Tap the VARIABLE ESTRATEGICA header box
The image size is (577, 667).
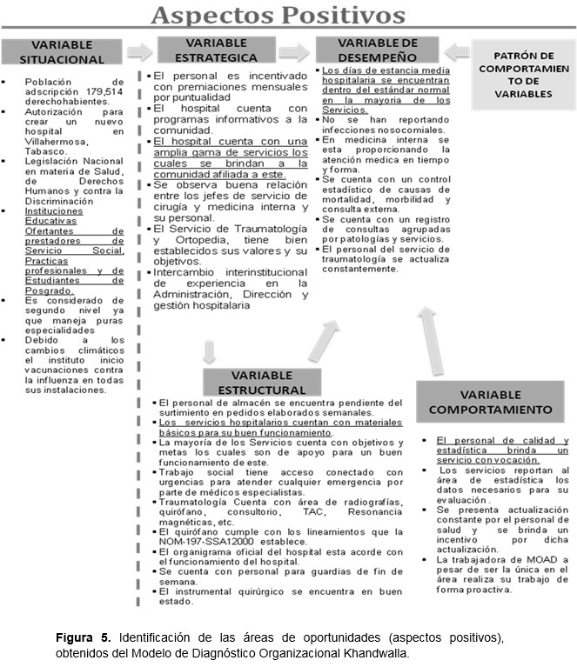(221, 50)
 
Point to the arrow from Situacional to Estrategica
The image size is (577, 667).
(139, 51)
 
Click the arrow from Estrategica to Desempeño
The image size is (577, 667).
(298, 50)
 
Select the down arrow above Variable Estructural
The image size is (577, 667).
(209, 352)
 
